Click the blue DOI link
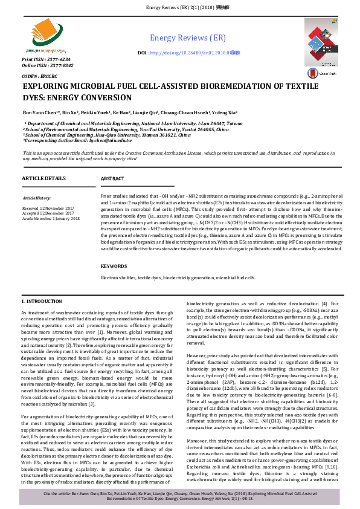(193, 53)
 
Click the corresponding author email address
(97, 140)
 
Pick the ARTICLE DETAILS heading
(43, 179)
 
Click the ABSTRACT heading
(112, 179)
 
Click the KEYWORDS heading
(114, 266)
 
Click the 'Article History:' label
(37, 198)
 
